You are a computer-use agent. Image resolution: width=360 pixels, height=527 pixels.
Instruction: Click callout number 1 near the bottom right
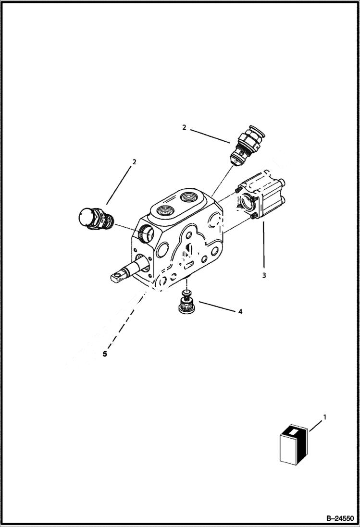[324, 417]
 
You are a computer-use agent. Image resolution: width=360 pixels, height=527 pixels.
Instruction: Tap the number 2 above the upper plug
[184, 127]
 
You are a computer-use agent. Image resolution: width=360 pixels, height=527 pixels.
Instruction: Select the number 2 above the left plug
[134, 162]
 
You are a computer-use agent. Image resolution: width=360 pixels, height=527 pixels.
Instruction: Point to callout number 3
[264, 275]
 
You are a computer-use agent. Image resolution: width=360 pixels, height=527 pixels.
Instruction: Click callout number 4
[240, 311]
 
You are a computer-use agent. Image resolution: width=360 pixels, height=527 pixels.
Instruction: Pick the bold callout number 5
[105, 354]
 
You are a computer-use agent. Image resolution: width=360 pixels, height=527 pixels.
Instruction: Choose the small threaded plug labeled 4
[185, 305]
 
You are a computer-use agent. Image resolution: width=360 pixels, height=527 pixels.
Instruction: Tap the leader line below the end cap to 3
[263, 245]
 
